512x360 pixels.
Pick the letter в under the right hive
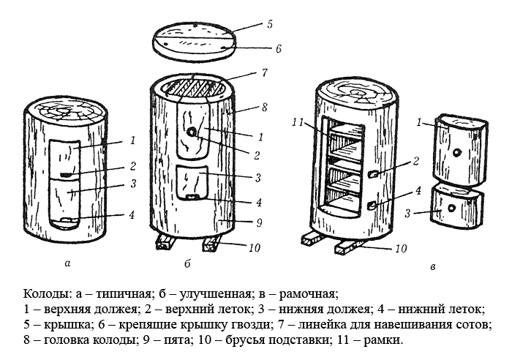(x=434, y=269)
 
